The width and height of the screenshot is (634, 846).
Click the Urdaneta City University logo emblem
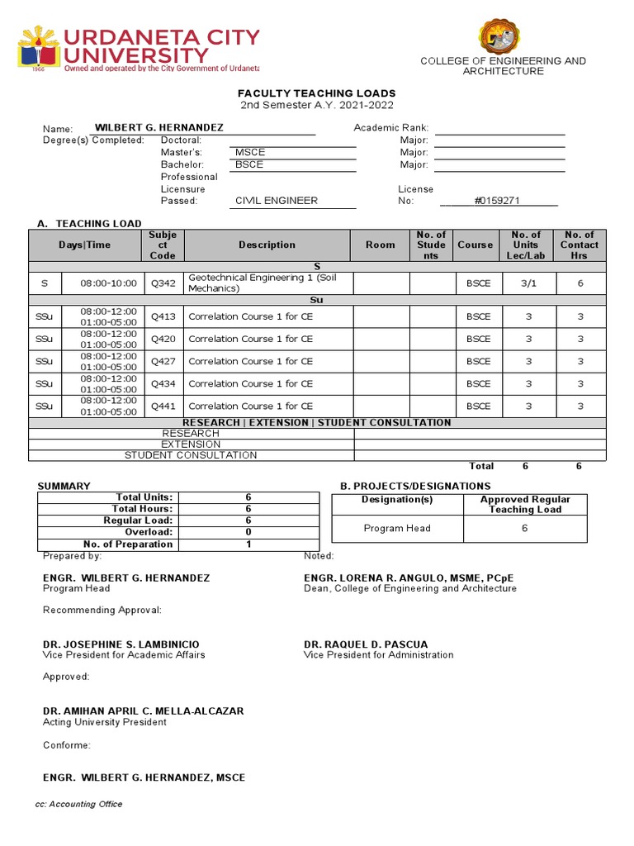pos(39,48)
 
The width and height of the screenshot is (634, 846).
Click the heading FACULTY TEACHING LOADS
pos(317,93)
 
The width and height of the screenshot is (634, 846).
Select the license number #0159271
pos(498,201)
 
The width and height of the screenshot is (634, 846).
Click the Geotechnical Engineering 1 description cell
pos(268,283)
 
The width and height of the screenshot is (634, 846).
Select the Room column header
pos(381,245)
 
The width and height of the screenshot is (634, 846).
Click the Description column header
pos(267,245)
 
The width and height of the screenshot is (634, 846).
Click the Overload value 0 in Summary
pos(248,532)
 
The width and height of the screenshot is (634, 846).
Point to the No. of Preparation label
pos(128,544)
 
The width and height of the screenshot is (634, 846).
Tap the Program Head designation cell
pos(397,529)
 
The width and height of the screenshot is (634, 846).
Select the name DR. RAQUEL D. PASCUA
pos(366,644)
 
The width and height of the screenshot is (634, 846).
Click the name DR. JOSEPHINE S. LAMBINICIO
pos(121,644)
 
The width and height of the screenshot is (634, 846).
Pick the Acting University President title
pos(105,722)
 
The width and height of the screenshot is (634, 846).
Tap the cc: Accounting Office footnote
pos(78,804)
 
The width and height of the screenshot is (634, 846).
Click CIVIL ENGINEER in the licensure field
pos(277,201)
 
